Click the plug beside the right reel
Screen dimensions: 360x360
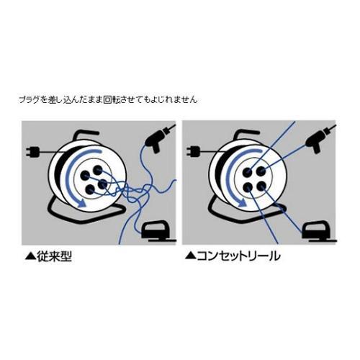pos(193,152)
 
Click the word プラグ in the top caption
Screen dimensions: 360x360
pos(27,99)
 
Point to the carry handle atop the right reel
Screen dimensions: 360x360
pos(252,131)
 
